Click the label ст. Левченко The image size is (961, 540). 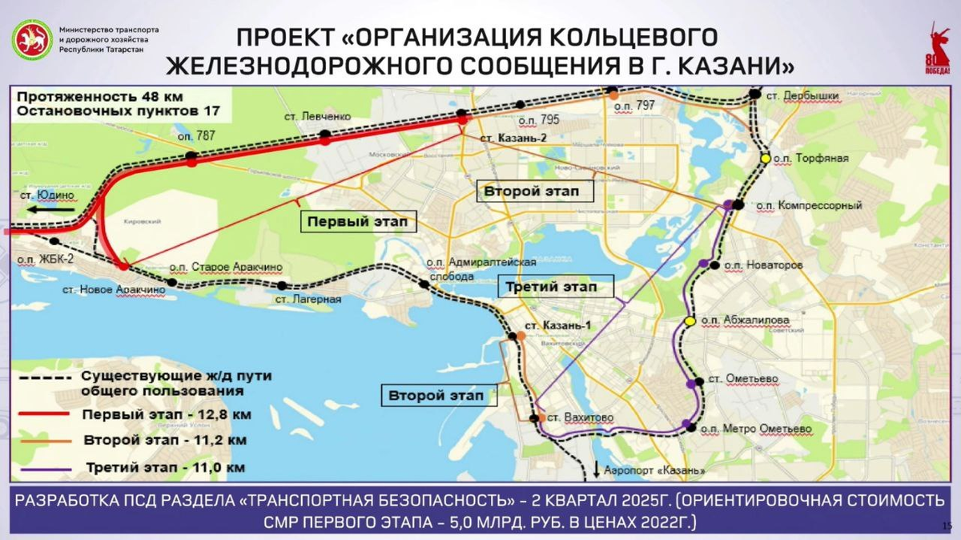tap(318, 117)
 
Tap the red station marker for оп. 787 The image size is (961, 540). tap(191, 161)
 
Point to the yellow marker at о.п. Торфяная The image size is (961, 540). tap(766, 159)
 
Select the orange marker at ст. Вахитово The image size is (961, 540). tap(541, 417)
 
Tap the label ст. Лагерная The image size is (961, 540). tap(308, 300)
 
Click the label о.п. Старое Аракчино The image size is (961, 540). tap(226, 267)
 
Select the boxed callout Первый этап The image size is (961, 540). tap(358, 221)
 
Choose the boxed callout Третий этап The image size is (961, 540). tap(554, 286)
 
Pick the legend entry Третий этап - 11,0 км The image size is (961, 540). tap(163, 467)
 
